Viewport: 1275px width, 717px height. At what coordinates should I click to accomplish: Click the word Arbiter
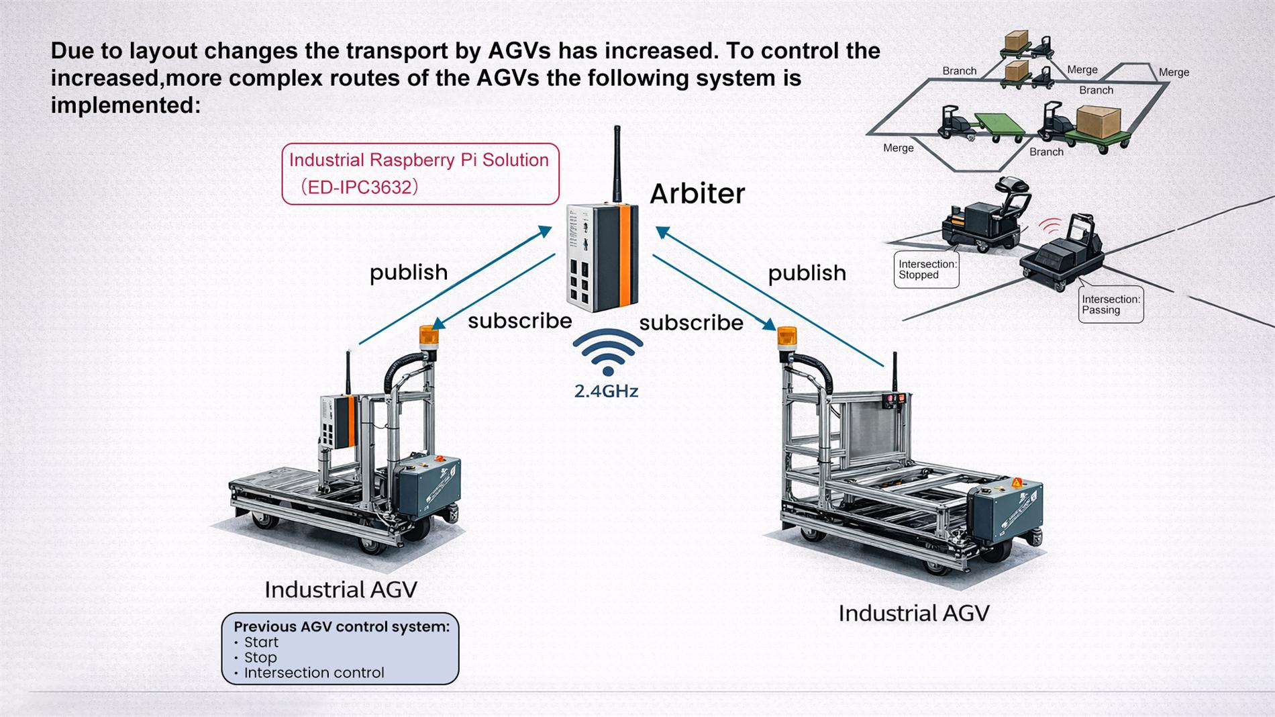[x=697, y=194]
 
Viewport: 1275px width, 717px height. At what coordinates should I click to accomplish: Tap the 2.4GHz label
[x=606, y=391]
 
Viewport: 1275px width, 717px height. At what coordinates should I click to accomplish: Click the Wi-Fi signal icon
[x=607, y=351]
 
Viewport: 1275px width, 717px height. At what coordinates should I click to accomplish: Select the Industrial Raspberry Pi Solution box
[x=420, y=174]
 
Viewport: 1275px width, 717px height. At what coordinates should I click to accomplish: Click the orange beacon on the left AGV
[x=428, y=335]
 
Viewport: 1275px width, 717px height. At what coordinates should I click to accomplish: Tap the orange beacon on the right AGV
[x=786, y=336]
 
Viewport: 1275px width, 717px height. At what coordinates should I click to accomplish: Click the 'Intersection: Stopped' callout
[x=927, y=270]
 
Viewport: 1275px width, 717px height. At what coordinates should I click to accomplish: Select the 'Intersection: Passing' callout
[x=1111, y=305]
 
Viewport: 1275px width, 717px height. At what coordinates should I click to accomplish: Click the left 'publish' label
[x=408, y=273]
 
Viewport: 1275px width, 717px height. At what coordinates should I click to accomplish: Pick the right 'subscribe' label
[x=691, y=323]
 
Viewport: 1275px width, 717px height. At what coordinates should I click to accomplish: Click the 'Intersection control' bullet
[x=313, y=673]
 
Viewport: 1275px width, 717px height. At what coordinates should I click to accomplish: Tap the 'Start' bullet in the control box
[x=261, y=642]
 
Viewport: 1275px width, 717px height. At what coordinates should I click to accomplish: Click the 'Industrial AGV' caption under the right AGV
[x=913, y=614]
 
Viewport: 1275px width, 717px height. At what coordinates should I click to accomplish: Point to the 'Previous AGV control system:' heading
[x=341, y=626]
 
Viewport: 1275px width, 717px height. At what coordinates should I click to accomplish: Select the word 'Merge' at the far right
[x=1173, y=73]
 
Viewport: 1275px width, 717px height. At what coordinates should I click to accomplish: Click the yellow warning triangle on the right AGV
[x=1017, y=483]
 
